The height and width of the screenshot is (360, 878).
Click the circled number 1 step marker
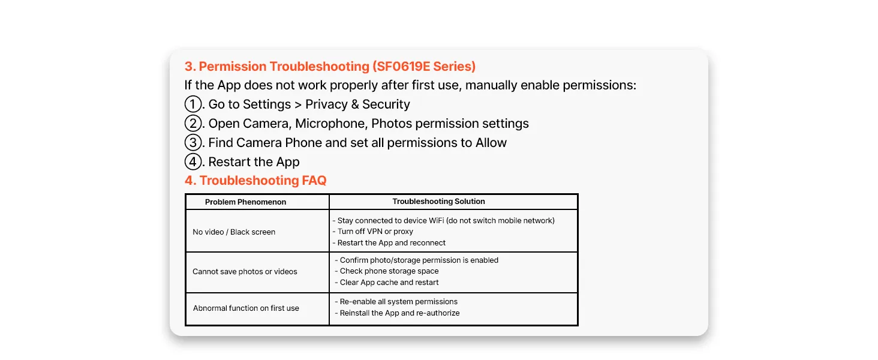pos(193,104)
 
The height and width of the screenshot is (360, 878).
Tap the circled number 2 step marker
pos(193,124)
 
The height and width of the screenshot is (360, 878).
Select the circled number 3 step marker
pos(193,143)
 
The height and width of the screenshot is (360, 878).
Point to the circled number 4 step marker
pos(193,162)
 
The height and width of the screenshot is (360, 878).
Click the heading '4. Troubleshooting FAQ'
pos(255,181)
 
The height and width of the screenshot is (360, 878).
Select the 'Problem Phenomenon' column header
pos(245,202)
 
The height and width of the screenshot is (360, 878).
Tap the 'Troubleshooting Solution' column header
pos(438,202)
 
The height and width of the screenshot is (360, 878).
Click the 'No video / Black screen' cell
pos(234,232)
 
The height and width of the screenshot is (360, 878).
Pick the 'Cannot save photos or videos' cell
pos(245,272)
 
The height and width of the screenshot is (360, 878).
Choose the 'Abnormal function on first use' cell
pos(246,308)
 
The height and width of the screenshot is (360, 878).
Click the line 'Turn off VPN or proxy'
pos(373,232)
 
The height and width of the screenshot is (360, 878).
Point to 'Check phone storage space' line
pos(386,271)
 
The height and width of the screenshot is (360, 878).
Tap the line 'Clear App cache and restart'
pos(386,283)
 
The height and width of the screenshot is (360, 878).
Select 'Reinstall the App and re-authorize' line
pos(397,313)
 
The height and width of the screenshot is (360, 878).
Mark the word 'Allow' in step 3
pos(491,143)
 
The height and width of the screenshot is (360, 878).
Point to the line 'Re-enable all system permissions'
pos(396,302)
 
